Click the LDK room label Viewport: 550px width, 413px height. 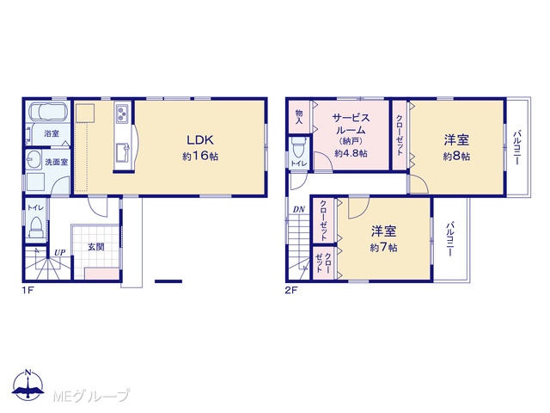(x=200, y=140)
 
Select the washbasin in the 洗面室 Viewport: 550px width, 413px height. (x=34, y=161)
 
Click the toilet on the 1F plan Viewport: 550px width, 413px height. (x=35, y=227)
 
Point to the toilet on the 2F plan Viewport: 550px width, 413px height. (x=298, y=147)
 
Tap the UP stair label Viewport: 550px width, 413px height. (x=59, y=252)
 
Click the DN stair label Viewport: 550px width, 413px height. (x=299, y=210)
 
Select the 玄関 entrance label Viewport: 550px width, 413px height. (x=95, y=247)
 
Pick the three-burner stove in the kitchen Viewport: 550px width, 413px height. (x=122, y=114)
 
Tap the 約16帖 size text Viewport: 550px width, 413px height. (x=200, y=157)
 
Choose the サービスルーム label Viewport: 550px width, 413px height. (x=351, y=124)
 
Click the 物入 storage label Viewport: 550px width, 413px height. (x=299, y=117)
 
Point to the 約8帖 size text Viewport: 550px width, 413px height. (x=456, y=157)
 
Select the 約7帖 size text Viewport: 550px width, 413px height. (x=383, y=248)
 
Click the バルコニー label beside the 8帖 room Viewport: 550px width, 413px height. (x=516, y=147)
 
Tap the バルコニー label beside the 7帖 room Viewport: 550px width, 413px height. (x=450, y=239)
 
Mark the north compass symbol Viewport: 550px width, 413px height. (x=28, y=385)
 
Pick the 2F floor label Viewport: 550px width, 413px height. (x=291, y=291)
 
